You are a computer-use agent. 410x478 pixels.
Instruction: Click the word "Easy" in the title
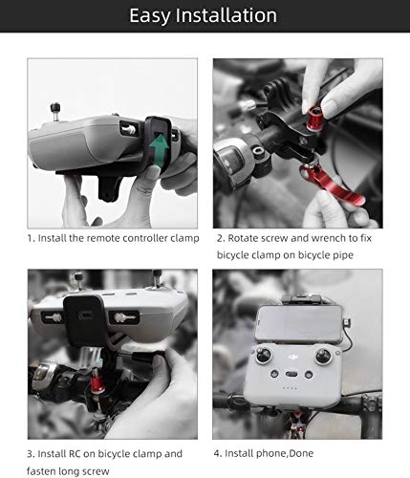tap(157, 16)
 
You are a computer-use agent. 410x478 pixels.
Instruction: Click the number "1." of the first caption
tap(31, 237)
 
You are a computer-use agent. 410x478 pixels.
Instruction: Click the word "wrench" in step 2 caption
tap(315, 237)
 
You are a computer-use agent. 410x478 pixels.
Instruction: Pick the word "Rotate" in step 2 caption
tap(243, 237)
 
